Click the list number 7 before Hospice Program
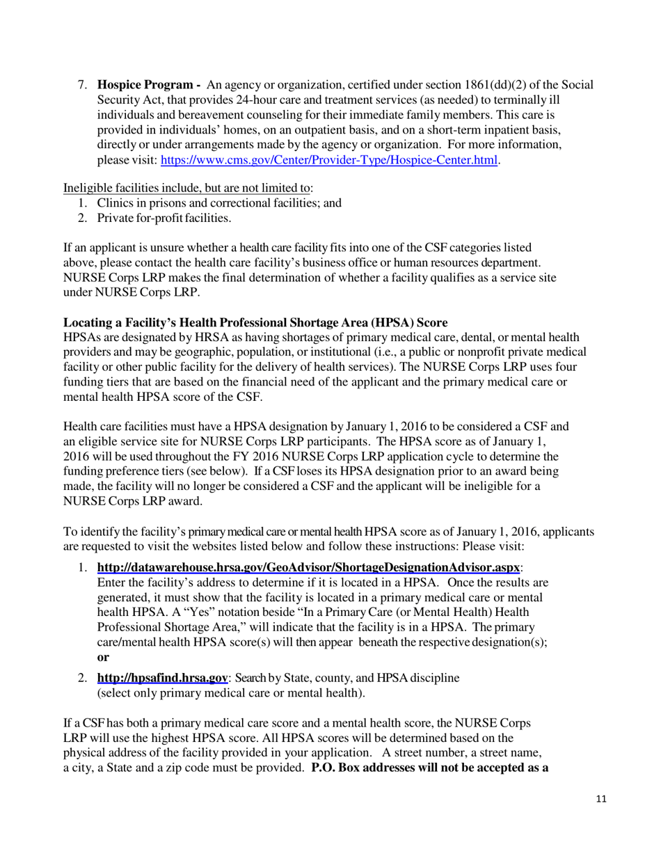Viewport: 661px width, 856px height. [81, 85]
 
